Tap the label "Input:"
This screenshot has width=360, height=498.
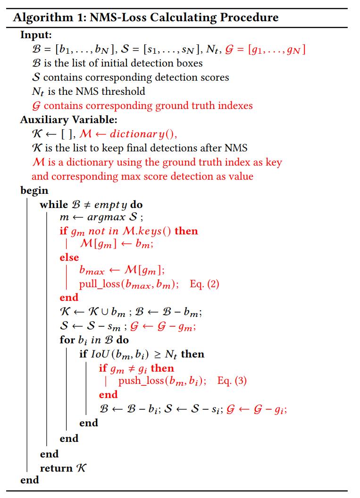pos(36,34)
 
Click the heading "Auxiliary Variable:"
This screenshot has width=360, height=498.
pos(69,120)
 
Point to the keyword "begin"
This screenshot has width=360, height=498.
pos(34,191)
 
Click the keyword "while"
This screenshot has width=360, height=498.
pos(53,205)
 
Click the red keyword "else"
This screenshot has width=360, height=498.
pos(69,257)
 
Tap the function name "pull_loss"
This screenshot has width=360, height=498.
pos(99,284)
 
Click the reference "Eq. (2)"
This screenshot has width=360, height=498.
pos(204,284)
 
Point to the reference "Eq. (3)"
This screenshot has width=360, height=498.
pos(232,381)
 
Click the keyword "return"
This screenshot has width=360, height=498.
pos(56,468)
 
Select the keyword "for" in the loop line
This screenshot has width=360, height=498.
pos(67,340)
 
